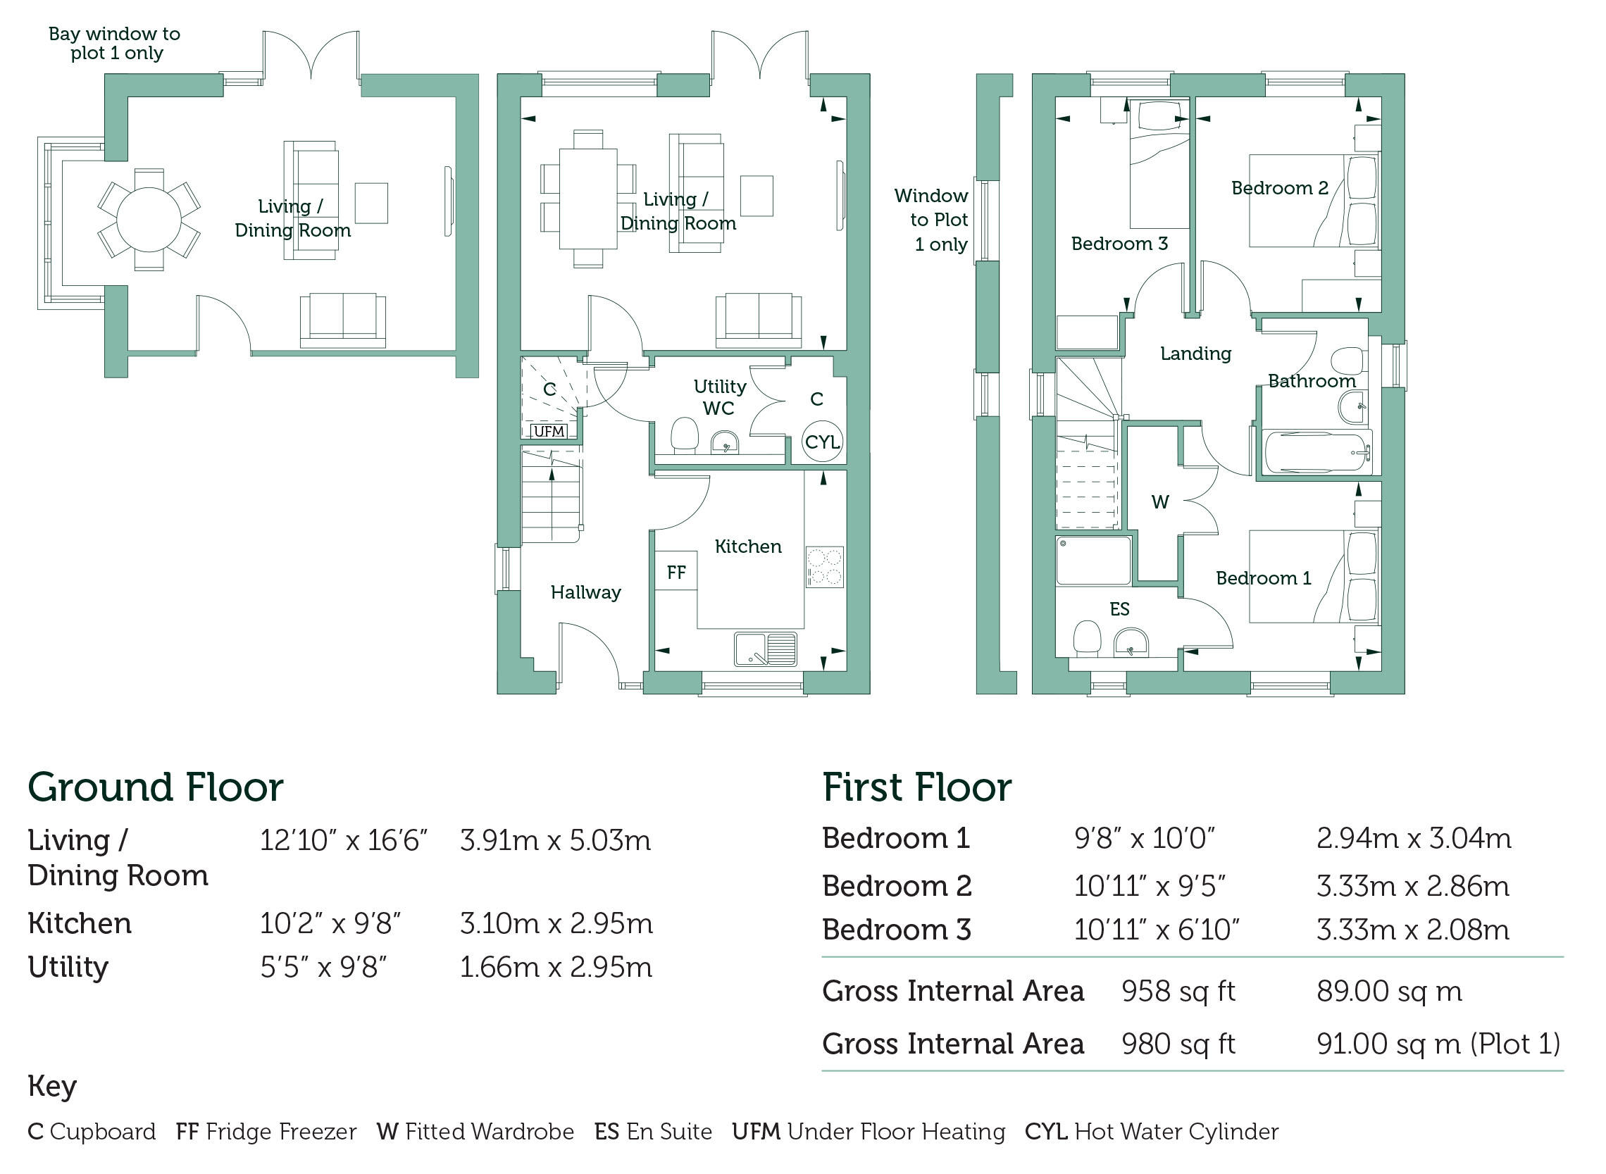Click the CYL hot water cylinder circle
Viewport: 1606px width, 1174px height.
822,442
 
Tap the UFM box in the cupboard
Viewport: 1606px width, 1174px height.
549,431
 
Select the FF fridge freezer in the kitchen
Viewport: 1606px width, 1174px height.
676,571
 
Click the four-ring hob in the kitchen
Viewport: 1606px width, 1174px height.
824,566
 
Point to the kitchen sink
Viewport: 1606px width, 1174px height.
766,649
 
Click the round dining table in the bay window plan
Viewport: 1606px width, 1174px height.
149,220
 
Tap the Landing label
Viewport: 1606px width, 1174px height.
1195,354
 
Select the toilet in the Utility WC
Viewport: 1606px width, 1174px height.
685,436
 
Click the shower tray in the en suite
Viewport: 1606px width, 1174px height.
1093,560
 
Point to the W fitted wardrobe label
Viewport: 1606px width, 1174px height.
1159,501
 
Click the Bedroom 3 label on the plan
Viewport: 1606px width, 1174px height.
1119,244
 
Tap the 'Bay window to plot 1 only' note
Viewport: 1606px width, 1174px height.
114,44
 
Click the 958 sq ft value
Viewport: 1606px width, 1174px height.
1178,991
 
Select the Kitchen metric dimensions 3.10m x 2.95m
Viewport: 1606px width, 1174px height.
556,923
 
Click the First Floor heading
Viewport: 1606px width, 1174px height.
916,787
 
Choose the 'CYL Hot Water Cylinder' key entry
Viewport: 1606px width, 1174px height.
1151,1131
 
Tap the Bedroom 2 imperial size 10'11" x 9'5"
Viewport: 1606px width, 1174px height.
1150,885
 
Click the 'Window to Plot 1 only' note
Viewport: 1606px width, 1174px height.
931,220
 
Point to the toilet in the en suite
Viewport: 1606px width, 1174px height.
1087,638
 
